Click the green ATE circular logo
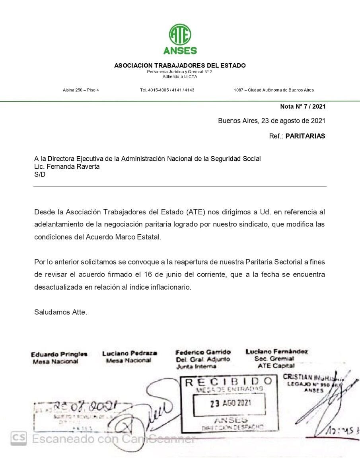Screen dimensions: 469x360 (x=180, y=34)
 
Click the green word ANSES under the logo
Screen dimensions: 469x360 (x=180, y=51)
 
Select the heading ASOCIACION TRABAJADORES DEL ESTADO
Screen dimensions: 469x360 (x=180, y=65)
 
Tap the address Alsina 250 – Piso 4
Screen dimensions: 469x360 (x=81, y=90)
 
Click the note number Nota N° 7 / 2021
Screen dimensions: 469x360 (x=303, y=106)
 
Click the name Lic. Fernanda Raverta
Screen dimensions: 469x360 (x=67, y=167)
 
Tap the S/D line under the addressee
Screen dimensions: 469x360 (x=40, y=175)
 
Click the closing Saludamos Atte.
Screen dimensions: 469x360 (x=60, y=312)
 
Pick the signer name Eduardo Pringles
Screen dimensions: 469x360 (x=59, y=354)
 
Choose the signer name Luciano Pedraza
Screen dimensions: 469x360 (x=129, y=353)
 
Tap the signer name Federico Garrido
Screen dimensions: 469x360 (x=203, y=352)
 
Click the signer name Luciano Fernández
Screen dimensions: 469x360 (x=276, y=352)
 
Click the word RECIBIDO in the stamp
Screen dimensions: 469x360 (x=229, y=382)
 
